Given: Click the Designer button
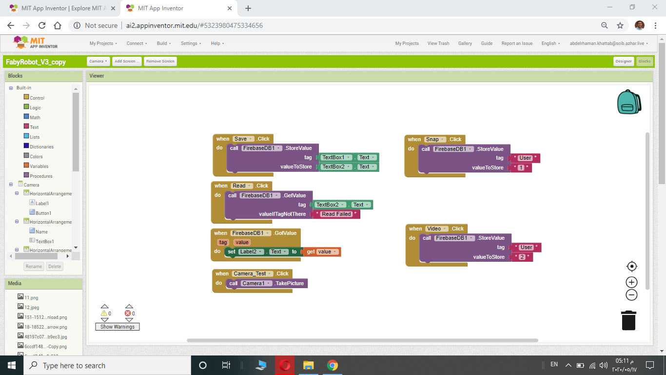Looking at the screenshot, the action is (623, 62).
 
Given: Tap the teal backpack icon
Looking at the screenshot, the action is (629, 102).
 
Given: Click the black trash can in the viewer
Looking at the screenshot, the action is (628, 320).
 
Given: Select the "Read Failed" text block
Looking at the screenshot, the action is (336, 214).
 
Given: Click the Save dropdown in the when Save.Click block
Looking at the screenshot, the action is (243, 139).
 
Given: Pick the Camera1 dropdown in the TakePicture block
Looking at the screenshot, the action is (255, 283).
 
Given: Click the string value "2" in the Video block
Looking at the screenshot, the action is (522, 257).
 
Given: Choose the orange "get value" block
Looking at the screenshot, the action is (322, 251).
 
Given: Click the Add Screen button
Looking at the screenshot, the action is (127, 62).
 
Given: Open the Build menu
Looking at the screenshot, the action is (164, 43).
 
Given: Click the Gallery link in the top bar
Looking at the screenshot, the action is (465, 43).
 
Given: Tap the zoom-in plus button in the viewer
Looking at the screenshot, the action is (631, 282).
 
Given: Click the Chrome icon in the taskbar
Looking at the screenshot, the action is (332, 365).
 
